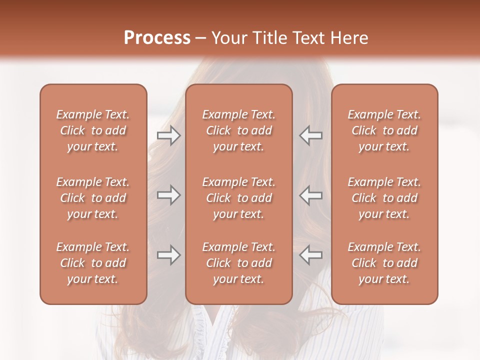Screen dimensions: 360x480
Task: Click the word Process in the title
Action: click(157, 38)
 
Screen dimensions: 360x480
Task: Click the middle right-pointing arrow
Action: click(168, 195)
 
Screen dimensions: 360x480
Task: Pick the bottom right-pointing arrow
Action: click(168, 255)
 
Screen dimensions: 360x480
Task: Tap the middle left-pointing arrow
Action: click(310, 195)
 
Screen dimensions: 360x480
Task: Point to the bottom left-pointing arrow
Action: click(310, 255)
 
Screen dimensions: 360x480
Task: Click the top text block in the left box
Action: click(93, 130)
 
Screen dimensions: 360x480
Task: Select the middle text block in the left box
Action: click(93, 198)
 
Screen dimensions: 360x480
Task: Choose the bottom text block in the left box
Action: click(93, 263)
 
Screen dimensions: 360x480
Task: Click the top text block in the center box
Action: click(239, 130)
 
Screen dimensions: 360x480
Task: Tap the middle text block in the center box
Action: click(239, 198)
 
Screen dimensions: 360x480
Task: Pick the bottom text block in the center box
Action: click(239, 263)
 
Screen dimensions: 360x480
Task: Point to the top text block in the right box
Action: click(384, 130)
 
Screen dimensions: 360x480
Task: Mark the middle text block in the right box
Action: click(384, 198)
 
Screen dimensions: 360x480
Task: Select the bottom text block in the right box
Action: click(384, 263)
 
